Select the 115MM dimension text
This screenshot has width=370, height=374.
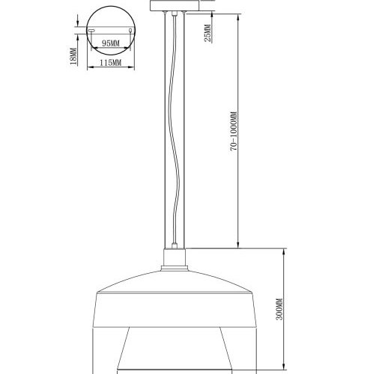click(x=110, y=63)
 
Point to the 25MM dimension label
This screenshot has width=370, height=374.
click(x=207, y=32)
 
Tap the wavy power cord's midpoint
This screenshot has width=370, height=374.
click(x=176, y=135)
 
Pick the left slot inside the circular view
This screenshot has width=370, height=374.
click(x=92, y=31)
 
